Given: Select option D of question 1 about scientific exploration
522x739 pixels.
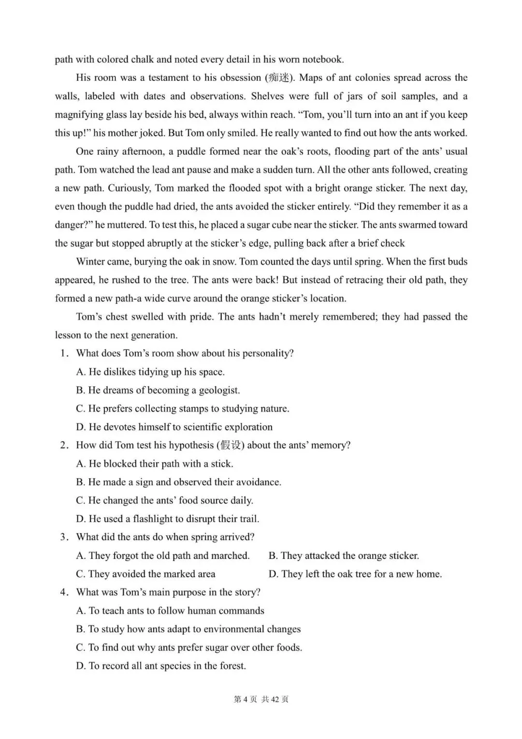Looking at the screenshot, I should click(x=174, y=427).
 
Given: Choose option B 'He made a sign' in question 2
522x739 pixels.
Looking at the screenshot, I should click(x=178, y=482).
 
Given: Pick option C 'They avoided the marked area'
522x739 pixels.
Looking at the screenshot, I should click(x=145, y=574).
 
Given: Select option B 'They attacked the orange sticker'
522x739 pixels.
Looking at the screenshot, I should click(x=344, y=556).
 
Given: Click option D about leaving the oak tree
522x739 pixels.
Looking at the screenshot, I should click(x=355, y=574).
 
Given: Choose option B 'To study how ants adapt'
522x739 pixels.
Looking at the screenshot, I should click(x=188, y=629).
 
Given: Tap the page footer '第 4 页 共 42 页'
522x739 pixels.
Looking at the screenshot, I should click(x=261, y=699).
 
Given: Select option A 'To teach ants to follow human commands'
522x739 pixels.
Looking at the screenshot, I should click(x=170, y=611).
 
